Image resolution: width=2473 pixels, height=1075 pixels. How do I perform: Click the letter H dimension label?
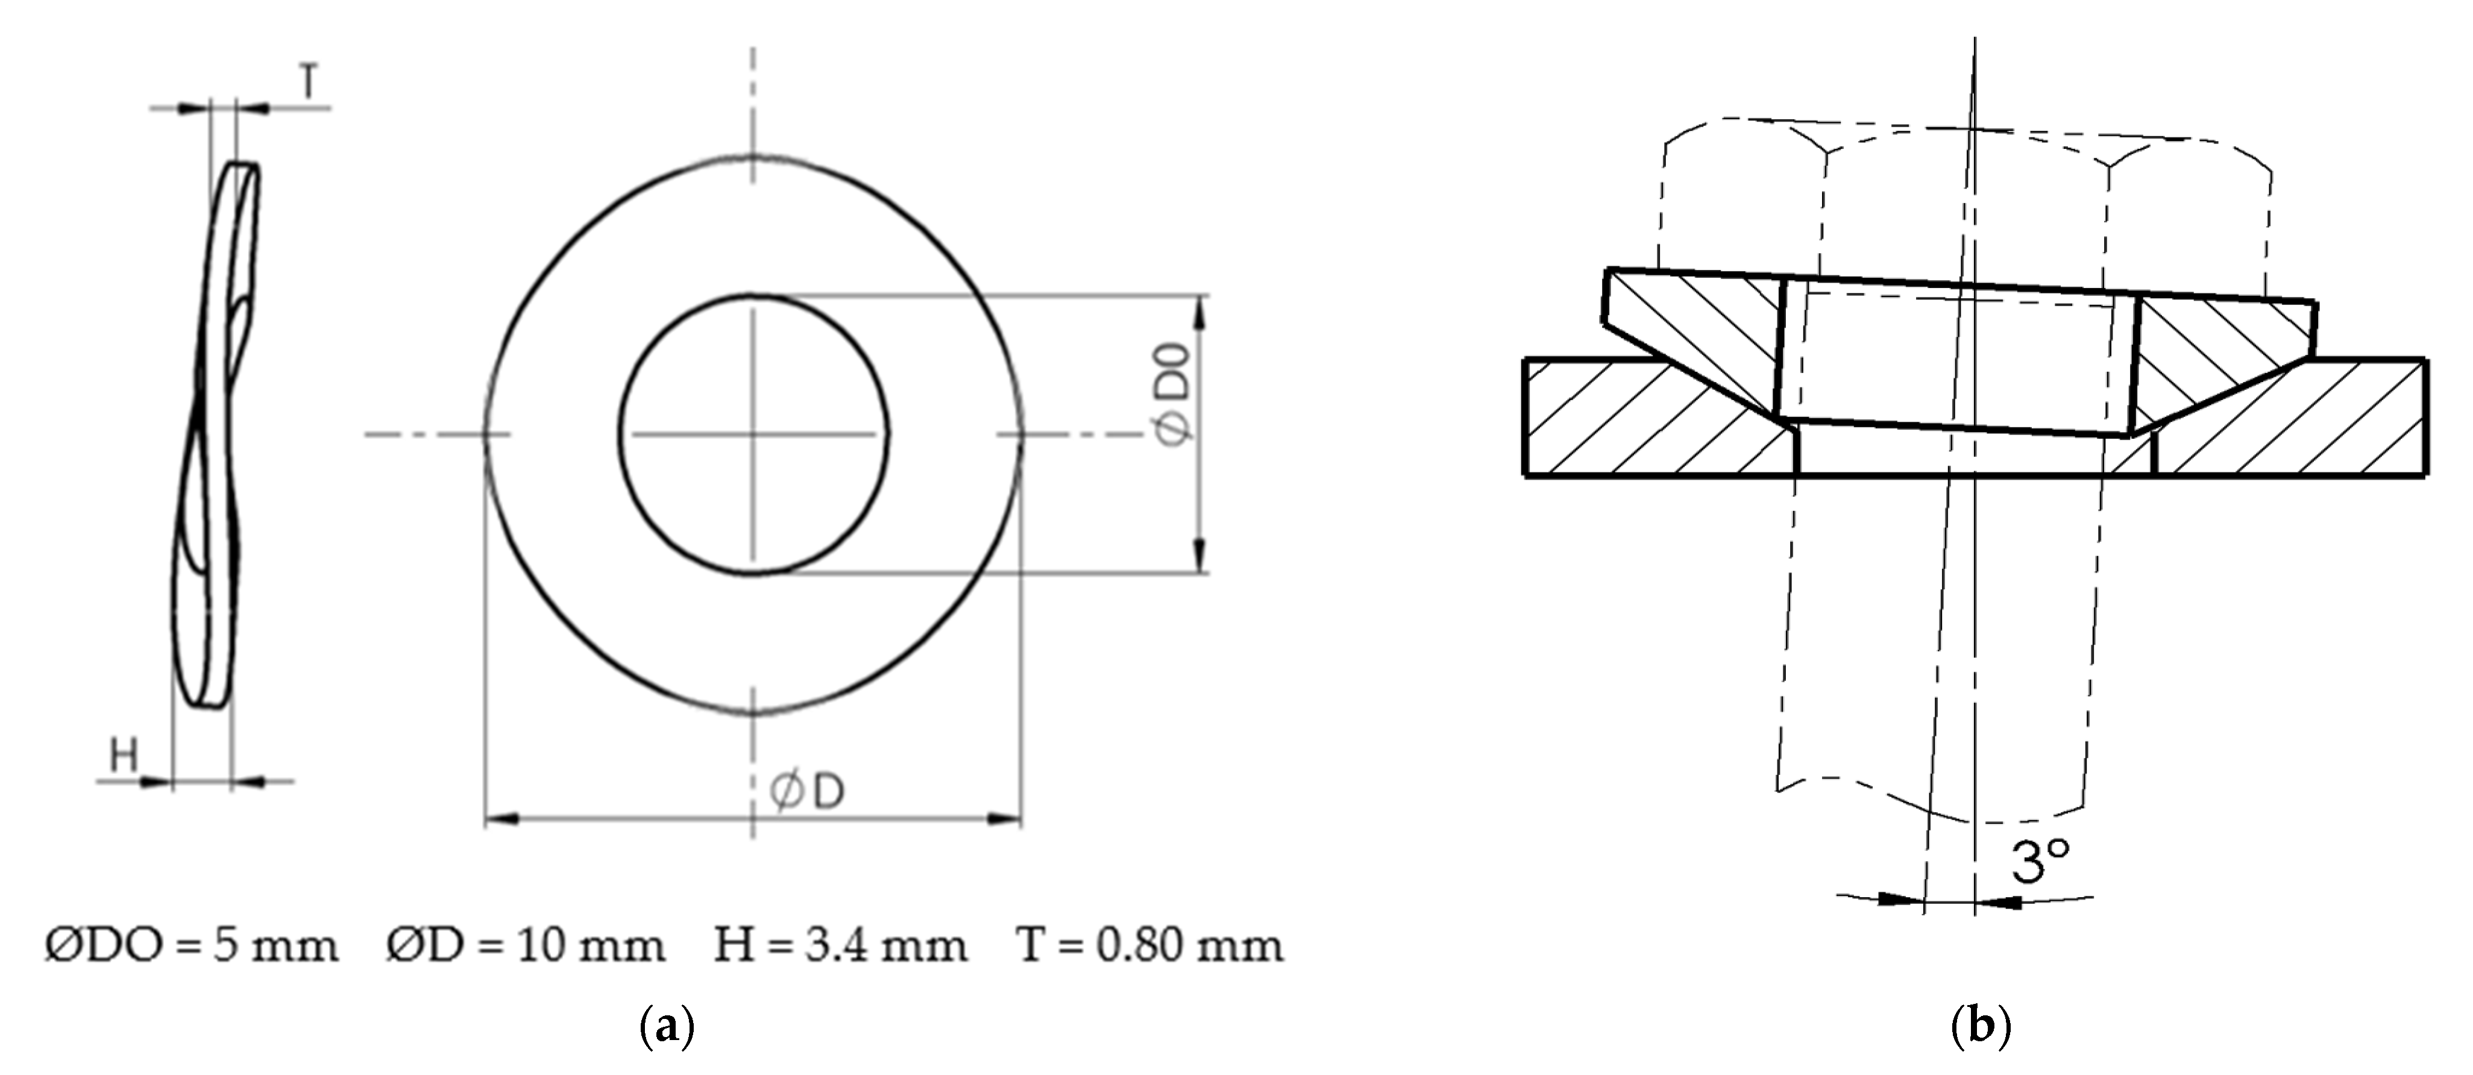pyautogui.click(x=124, y=756)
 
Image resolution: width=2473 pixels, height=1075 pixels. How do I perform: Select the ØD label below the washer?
pyautogui.click(x=808, y=793)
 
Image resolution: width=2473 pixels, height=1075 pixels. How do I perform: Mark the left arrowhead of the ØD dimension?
pyautogui.click(x=503, y=820)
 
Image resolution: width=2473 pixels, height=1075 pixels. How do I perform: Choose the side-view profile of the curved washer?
pyautogui.click(x=216, y=432)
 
